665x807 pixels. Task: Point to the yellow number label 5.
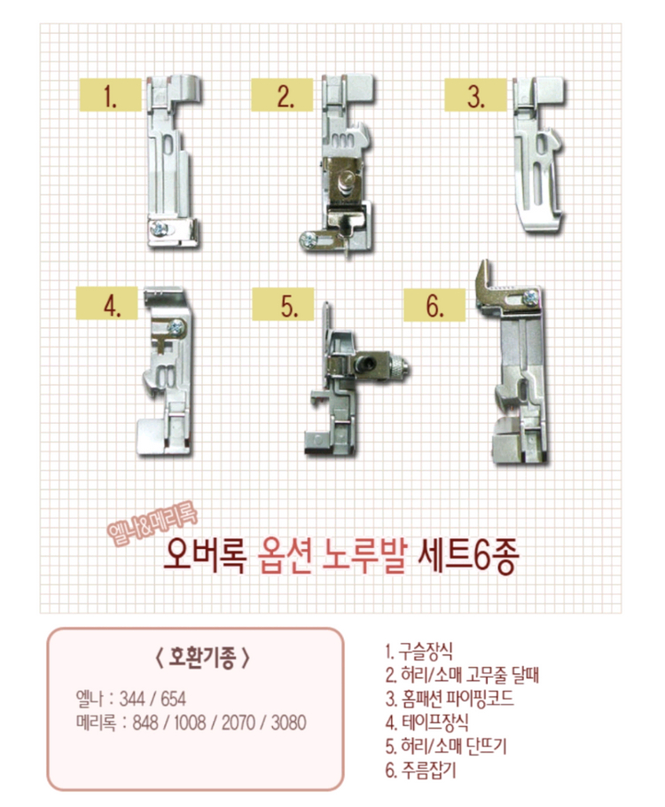point(287,307)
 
